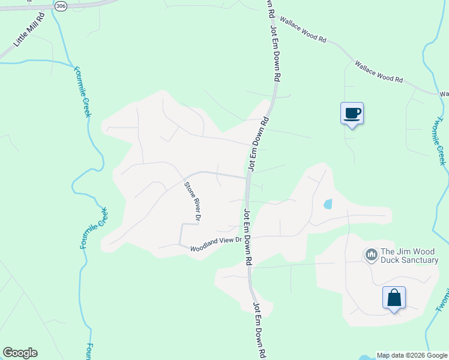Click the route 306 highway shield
click(60, 5)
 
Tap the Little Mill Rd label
click(25, 35)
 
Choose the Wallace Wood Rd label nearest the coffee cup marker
click(378, 71)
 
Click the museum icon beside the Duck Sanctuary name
click(371, 256)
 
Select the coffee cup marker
click(352, 112)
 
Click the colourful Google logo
click(20, 353)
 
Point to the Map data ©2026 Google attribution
click(412, 355)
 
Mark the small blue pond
click(328, 204)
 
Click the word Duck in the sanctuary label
click(391, 260)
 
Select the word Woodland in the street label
click(203, 247)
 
